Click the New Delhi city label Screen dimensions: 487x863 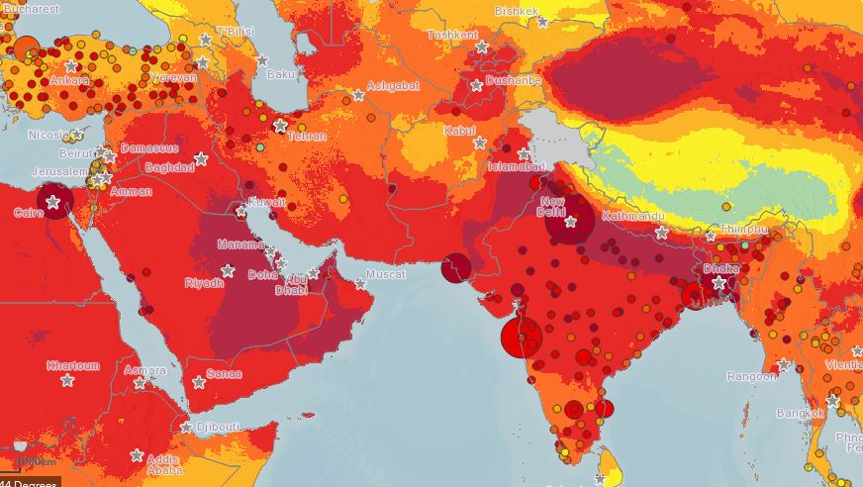tap(550, 205)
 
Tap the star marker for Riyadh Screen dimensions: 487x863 tap(228, 270)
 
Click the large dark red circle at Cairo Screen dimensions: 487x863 tap(55, 201)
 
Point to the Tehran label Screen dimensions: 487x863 tap(306, 137)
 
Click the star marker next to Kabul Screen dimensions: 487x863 tap(479, 144)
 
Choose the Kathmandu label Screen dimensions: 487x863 tap(629, 215)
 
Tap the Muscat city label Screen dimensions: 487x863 tap(385, 274)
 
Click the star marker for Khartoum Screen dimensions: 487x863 tap(67, 380)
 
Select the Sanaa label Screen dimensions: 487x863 tap(224, 374)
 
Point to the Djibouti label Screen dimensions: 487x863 tap(217, 427)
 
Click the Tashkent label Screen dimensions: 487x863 tap(452, 35)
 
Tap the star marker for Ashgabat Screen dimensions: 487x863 tap(358, 96)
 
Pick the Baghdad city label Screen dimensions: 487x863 tap(169, 167)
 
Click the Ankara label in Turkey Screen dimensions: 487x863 tap(43, 80)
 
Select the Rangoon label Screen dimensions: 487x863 tap(752, 376)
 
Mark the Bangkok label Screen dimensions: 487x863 tap(800, 412)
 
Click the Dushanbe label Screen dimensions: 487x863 tap(513, 80)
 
